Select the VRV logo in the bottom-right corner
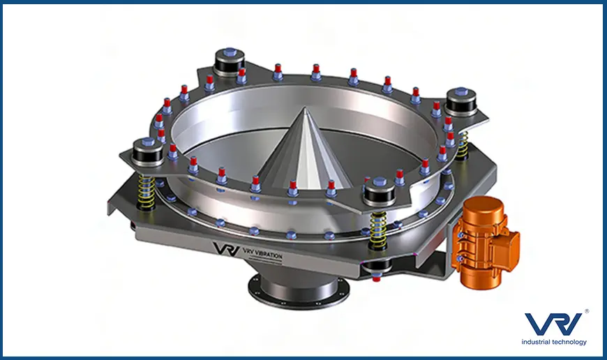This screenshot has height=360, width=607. [x=553, y=323]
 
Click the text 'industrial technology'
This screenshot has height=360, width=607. [x=554, y=342]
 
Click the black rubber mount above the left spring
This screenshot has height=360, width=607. [x=148, y=153]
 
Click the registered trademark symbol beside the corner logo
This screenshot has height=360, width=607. [x=587, y=311]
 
